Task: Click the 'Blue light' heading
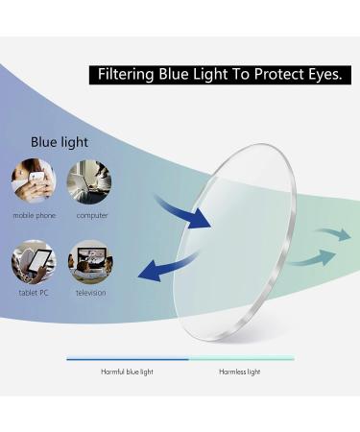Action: coord(59,142)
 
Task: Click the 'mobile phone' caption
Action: coord(34,216)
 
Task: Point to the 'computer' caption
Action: coord(91,216)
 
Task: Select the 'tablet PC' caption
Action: coord(34,293)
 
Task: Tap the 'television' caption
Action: coord(91,293)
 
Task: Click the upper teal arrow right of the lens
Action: coord(332,234)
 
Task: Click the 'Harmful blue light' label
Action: coord(127,371)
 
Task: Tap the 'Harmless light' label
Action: coord(240,371)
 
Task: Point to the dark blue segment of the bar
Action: coord(127,358)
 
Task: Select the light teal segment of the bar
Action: coord(241,358)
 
